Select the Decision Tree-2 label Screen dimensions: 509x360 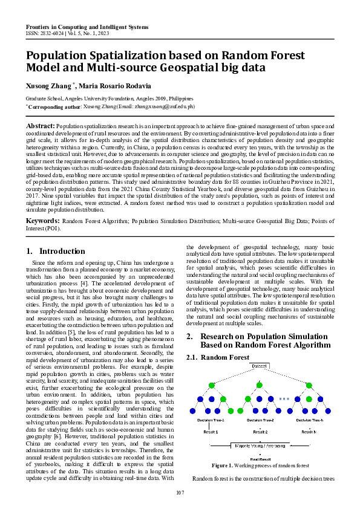click(x=260, y=420)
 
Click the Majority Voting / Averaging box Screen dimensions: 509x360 click(x=260, y=446)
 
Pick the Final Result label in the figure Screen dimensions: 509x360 click(x=260, y=459)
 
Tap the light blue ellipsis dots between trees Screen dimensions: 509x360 click(x=284, y=399)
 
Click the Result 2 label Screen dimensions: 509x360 click(x=260, y=432)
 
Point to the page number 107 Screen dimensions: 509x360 click(x=180, y=493)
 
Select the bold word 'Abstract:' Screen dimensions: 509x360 click(x=40, y=125)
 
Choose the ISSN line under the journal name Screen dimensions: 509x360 click(x=68, y=34)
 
